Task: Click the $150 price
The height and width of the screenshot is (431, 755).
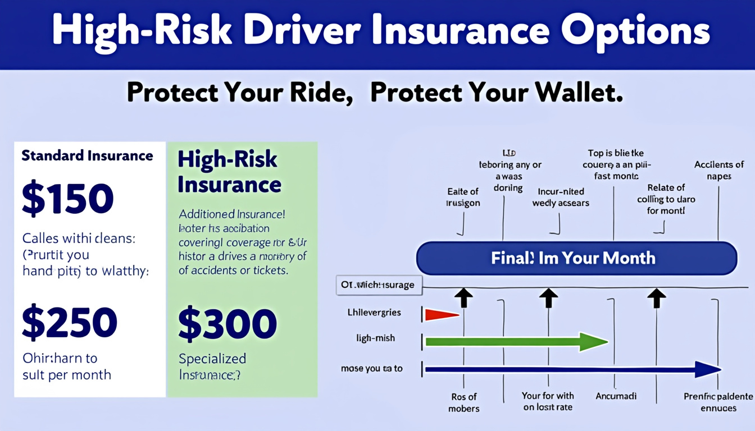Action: pyautogui.click(x=67, y=199)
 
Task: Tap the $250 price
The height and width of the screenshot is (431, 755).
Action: pyautogui.click(x=70, y=323)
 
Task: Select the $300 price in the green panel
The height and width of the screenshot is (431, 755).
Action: pyautogui.click(x=228, y=324)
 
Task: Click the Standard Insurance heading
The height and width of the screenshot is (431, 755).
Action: pyautogui.click(x=87, y=155)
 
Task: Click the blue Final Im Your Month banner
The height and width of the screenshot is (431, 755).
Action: pyautogui.click(x=576, y=258)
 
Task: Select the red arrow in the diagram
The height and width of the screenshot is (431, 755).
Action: pyautogui.click(x=443, y=315)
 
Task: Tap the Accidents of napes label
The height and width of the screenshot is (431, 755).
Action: pyautogui.click(x=719, y=170)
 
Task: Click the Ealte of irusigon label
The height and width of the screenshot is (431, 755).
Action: pyautogui.click(x=463, y=198)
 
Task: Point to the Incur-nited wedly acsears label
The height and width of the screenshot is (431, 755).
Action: pyautogui.click(x=561, y=197)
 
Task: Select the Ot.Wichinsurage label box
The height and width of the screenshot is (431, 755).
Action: pyautogui.click(x=378, y=285)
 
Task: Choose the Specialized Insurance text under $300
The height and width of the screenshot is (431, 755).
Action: pyautogui.click(x=212, y=366)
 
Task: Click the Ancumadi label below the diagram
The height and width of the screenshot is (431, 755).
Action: pyautogui.click(x=616, y=396)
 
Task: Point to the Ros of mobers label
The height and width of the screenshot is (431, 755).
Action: pyautogui.click(x=463, y=402)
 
